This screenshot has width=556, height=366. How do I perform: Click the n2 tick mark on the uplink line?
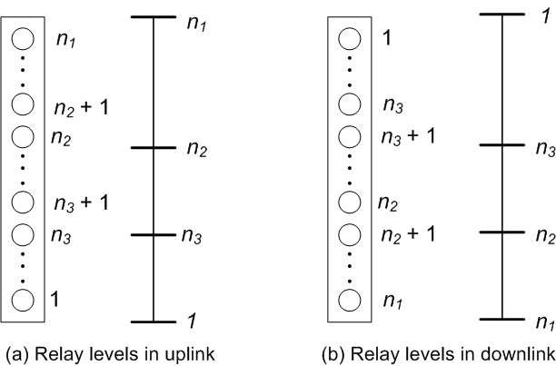154,147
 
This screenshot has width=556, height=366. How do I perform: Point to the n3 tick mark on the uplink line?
154,235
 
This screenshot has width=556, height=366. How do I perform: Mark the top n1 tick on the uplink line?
154,17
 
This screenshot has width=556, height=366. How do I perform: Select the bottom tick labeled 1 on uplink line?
154,321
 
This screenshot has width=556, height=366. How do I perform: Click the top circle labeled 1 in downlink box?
351,39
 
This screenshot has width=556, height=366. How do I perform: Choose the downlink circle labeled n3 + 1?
351,138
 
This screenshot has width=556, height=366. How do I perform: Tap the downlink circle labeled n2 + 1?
351,233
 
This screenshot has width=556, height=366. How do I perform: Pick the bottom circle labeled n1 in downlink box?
351,297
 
